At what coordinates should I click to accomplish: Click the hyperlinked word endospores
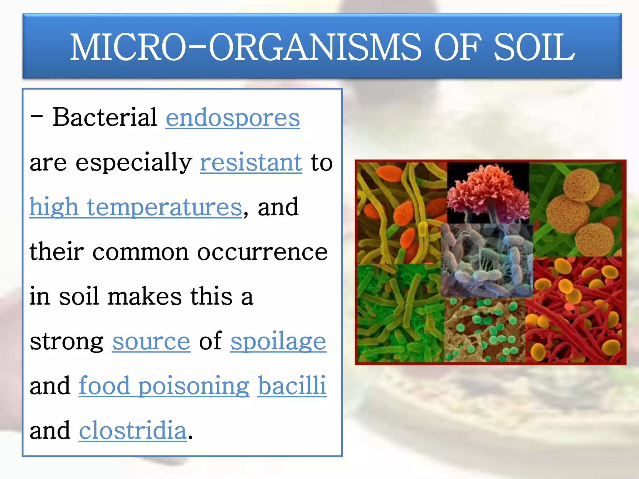coord(232,118)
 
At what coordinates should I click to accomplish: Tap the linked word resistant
coord(251,162)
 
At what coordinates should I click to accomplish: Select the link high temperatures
coord(135,207)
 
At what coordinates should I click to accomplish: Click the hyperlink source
coord(151,341)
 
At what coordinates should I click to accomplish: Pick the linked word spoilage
coord(278,341)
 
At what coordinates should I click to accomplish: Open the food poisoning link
coord(164,386)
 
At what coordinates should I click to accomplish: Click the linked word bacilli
coord(292,386)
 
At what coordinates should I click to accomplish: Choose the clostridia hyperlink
coord(133,431)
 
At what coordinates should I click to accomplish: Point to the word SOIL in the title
coord(534,47)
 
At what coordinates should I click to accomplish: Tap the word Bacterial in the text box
coord(105,117)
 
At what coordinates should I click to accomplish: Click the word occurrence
coord(262,252)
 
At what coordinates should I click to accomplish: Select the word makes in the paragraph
coord(144,297)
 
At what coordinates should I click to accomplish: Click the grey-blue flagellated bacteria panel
coord(487,260)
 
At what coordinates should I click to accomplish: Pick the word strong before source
coord(66,341)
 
